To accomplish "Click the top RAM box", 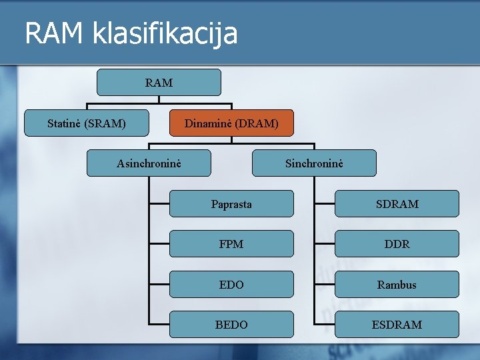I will (x=159, y=83).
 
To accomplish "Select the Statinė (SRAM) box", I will (x=87, y=123).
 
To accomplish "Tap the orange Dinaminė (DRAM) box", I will (x=231, y=123).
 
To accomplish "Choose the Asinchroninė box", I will (x=149, y=163).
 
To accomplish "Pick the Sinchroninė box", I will (x=314, y=163).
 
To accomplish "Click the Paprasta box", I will (x=231, y=204).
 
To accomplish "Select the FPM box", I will (x=231, y=244).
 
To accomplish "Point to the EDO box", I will (x=231, y=285).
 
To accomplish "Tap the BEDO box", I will (x=231, y=325).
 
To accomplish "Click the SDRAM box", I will (x=397, y=204).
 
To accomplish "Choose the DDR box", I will (x=397, y=244).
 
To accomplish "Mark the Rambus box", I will (x=397, y=285).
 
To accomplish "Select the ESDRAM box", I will (x=397, y=325).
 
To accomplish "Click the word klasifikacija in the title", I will (x=165, y=33).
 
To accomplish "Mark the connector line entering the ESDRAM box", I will (x=325, y=325).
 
